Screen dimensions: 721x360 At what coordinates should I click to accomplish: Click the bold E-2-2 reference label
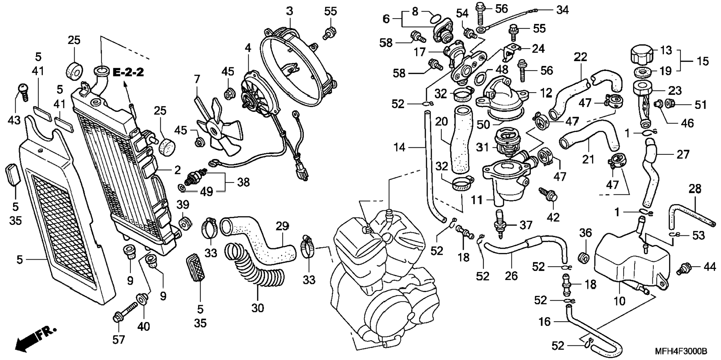(128, 72)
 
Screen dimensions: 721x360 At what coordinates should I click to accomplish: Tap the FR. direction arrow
(35, 339)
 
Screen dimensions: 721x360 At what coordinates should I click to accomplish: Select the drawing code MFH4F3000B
(681, 351)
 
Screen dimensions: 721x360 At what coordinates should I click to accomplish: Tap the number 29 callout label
(282, 226)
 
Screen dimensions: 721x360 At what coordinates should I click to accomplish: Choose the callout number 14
(399, 147)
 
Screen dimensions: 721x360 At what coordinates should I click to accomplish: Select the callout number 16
(545, 321)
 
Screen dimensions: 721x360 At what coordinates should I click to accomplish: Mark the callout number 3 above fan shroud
(290, 11)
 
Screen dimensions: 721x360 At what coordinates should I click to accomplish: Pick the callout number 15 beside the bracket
(703, 61)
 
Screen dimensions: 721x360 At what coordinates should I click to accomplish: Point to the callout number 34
(563, 10)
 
